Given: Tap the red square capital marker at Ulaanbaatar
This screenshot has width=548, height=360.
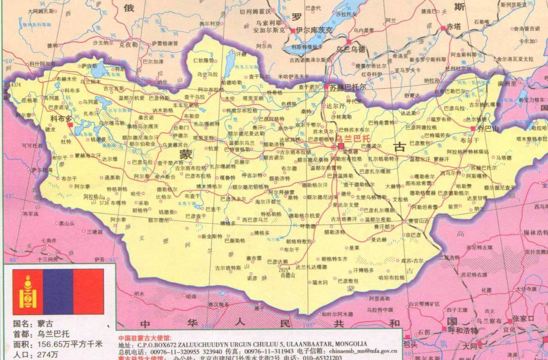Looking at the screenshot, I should pyautogui.click(x=341, y=146).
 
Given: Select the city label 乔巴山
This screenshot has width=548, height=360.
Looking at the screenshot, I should pyautogui.click(x=488, y=129).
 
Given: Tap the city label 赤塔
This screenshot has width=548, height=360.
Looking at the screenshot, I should pyautogui.click(x=454, y=27).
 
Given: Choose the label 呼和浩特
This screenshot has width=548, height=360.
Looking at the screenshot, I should pyautogui.click(x=462, y=331).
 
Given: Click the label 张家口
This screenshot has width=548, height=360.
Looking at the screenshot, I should pyautogui.click(x=523, y=319).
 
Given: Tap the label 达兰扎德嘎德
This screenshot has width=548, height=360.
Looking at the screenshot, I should pyautogui.click(x=311, y=267).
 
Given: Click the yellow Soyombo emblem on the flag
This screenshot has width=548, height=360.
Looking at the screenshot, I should pyautogui.click(x=28, y=292).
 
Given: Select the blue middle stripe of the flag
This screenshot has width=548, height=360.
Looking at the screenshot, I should pyautogui.click(x=58, y=292).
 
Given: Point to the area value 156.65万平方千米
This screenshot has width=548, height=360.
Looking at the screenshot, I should pyautogui.click(x=70, y=344).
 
